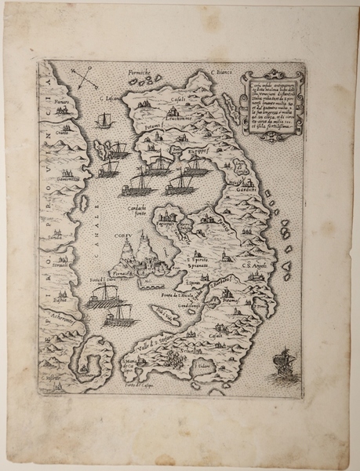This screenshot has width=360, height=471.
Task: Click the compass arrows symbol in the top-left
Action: point(82,79)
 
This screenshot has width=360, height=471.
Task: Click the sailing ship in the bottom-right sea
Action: point(280,365)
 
